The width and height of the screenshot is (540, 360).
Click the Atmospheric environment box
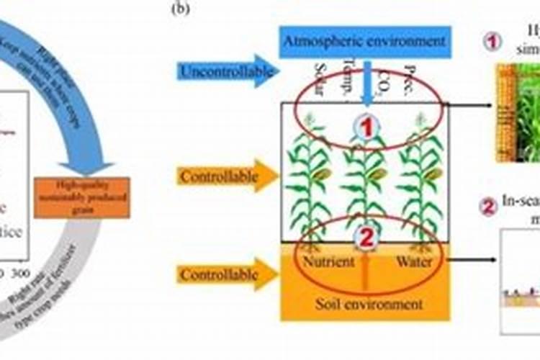(365, 42)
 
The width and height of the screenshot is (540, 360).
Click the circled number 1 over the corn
(366, 128)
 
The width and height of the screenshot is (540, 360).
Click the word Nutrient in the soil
(328, 261)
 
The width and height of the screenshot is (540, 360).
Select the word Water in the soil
(414, 261)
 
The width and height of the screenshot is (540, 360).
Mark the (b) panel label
(180, 9)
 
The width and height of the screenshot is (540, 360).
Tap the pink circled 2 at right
(489, 207)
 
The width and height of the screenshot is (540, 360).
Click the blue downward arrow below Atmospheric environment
(366, 83)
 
